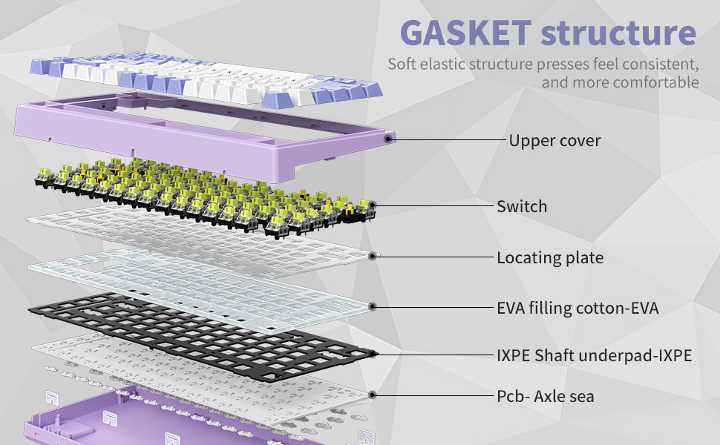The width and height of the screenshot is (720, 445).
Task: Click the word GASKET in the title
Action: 465,33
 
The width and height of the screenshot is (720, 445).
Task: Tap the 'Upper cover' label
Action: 554,140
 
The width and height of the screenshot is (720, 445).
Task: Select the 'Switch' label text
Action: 522,206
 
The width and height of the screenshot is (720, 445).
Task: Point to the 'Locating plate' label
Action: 549,258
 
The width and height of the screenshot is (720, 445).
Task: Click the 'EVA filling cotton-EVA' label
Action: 577,307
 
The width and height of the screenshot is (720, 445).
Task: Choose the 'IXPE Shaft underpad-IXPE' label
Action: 594,356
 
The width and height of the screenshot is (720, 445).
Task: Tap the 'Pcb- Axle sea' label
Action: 545,397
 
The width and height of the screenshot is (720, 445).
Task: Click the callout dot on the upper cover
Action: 388,138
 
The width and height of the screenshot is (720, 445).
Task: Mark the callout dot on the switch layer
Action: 373,205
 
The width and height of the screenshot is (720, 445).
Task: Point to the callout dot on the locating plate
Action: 373,257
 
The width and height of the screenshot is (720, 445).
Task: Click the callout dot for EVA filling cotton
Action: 373,306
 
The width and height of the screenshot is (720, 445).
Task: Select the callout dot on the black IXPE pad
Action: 373,355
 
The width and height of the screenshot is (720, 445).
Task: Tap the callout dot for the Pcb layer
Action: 373,396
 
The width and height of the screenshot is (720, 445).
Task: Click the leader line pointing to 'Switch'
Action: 434,205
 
